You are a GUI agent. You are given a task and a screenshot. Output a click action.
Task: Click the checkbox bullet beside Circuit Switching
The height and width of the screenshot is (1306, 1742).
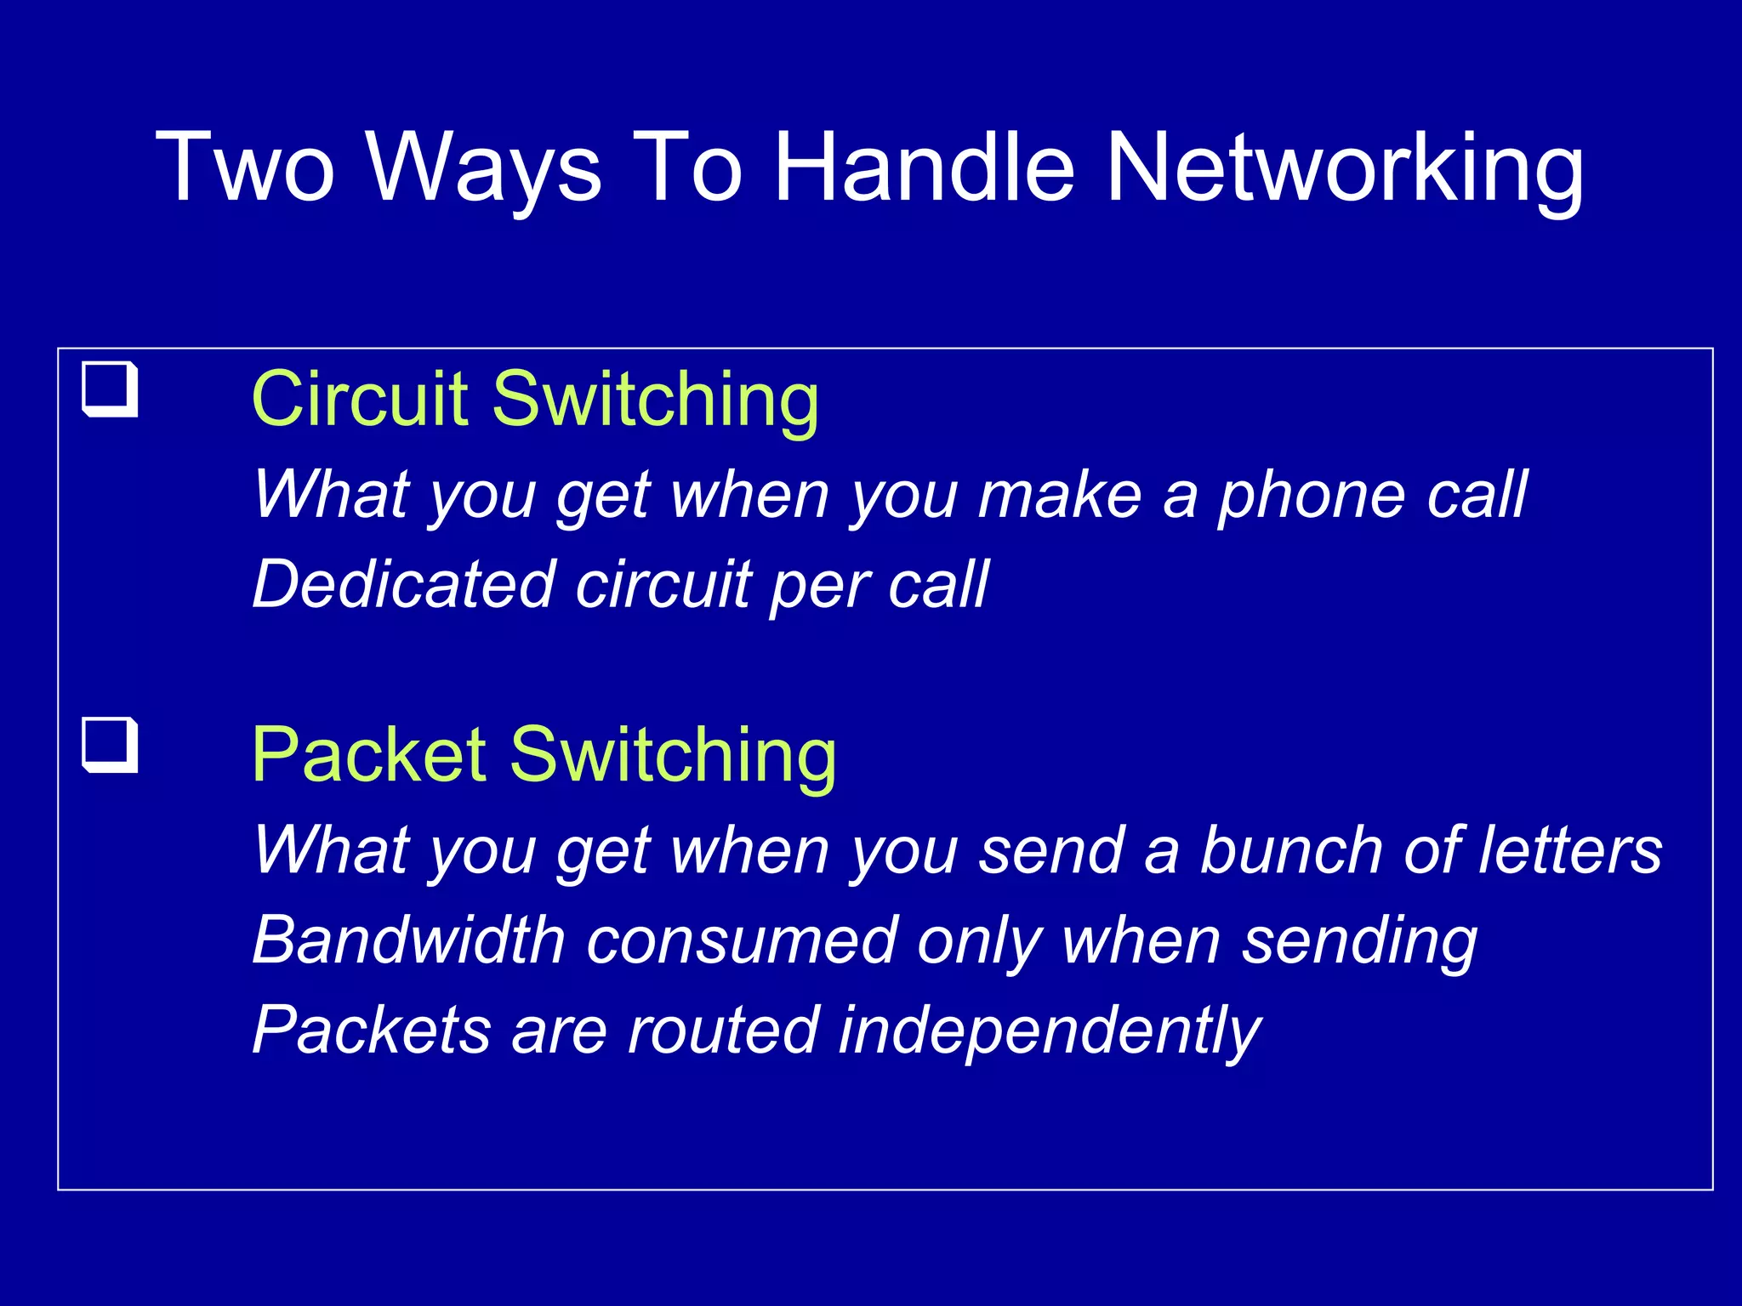[110, 389]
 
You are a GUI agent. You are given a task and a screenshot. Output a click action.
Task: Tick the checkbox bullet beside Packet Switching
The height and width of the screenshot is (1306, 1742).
[110, 745]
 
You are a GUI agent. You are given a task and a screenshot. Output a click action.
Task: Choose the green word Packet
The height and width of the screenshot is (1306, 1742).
[369, 754]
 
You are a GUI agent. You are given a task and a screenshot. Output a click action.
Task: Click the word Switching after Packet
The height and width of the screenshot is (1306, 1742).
[672, 756]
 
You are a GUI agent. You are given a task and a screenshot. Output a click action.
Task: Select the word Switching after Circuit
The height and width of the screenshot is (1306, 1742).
[655, 400]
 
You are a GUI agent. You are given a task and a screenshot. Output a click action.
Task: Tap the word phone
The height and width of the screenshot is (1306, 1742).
[1311, 496]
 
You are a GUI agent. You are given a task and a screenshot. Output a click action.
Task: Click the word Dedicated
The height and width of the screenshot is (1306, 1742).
[404, 584]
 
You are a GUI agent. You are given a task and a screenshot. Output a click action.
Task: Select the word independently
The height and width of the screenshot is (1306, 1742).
[1050, 1031]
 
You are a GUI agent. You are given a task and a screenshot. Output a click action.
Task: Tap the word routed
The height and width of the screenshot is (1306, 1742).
[724, 1030]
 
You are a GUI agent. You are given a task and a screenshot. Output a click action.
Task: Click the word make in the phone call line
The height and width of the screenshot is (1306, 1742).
[1060, 496]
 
